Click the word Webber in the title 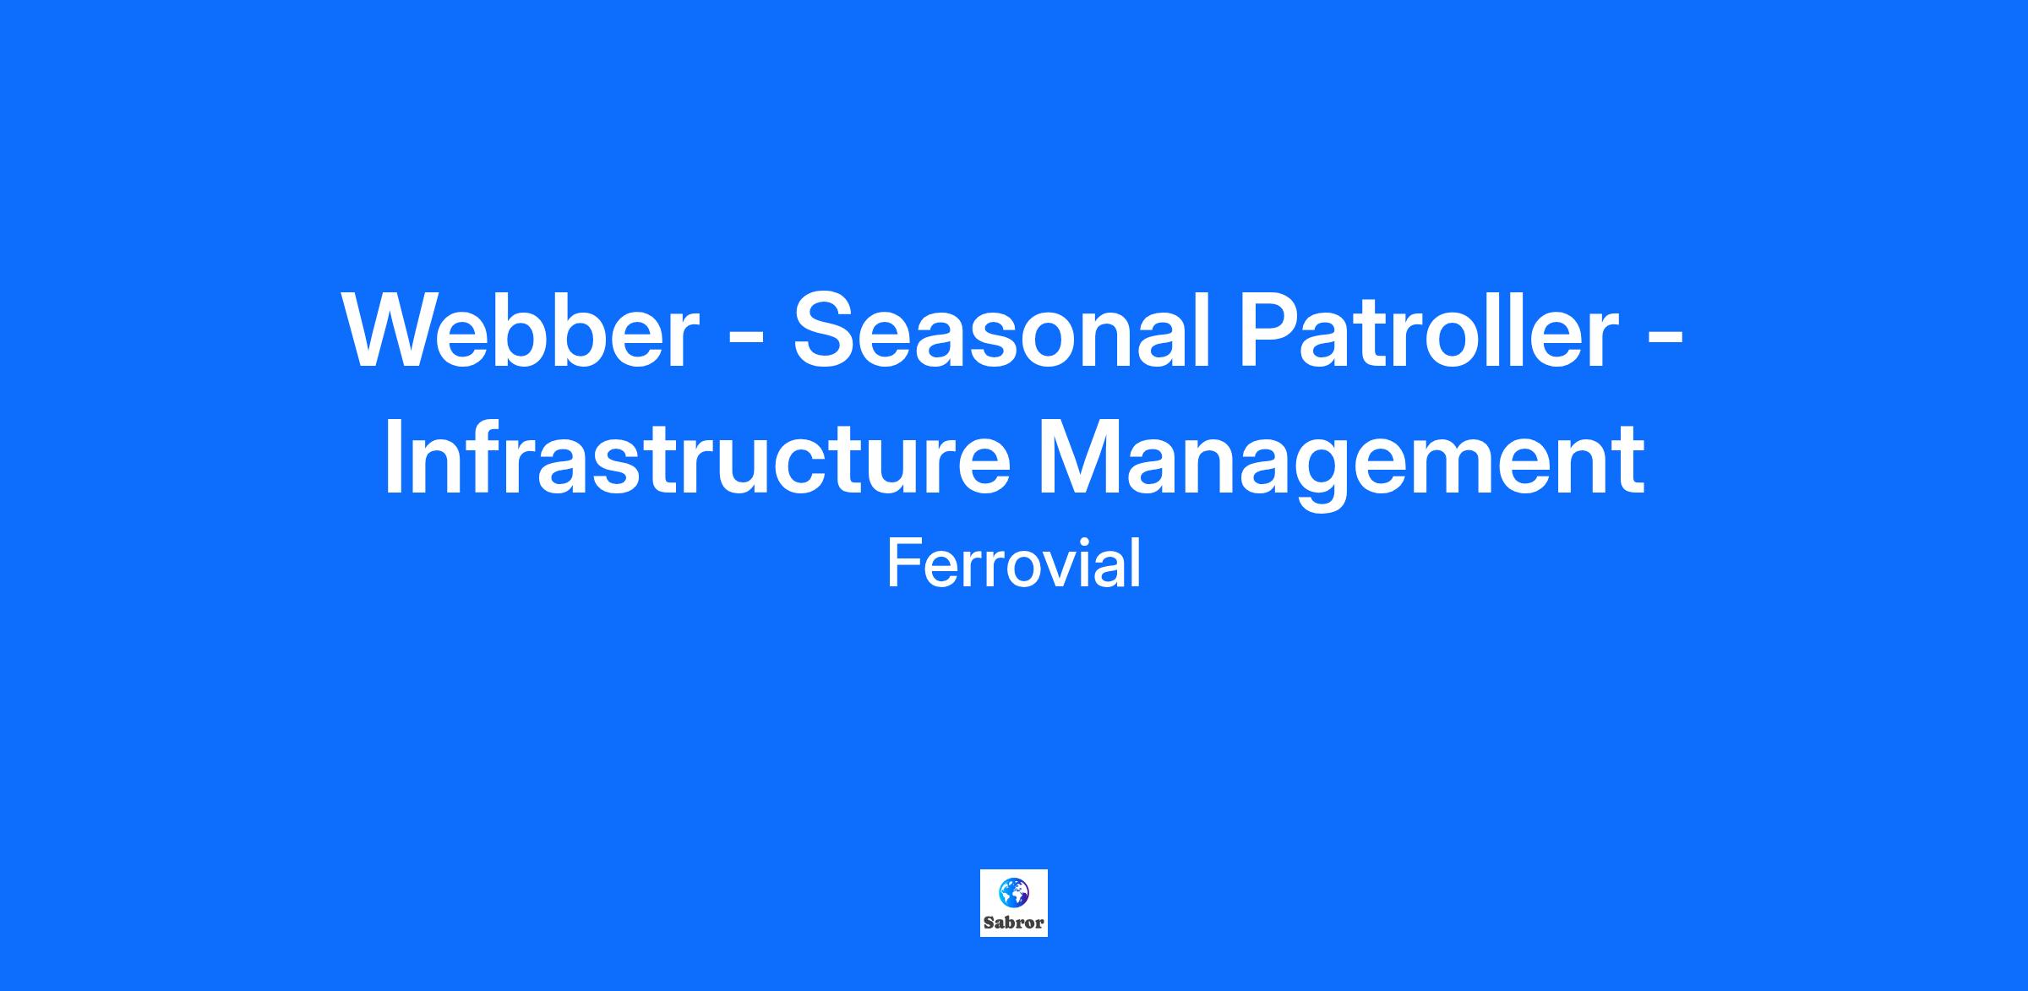[x=521, y=329]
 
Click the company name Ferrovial [x=1014, y=564]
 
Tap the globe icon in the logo [x=1013, y=891]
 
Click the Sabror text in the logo [x=1014, y=923]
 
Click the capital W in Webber [x=395, y=329]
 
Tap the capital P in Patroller [x=1272, y=329]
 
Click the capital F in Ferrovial [x=904, y=564]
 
